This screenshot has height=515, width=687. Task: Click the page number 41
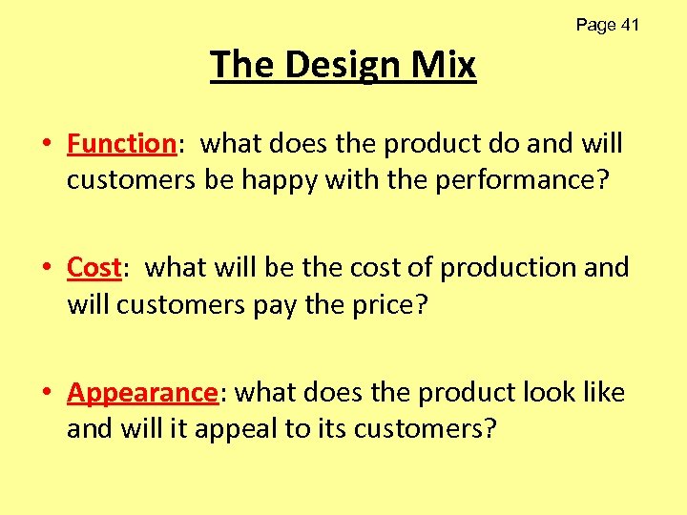coord(629,26)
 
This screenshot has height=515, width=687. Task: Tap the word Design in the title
coord(342,65)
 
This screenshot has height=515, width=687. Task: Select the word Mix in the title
coord(444,65)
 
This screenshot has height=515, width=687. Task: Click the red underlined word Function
coord(120,144)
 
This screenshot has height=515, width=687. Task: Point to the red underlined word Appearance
coord(142,393)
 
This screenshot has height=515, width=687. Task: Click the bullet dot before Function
coord(47,145)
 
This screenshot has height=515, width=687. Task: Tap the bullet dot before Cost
coord(47,269)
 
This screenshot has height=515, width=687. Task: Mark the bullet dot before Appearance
coord(47,394)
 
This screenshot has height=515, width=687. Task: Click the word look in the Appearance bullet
coord(542,393)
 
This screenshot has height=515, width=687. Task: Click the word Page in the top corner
coord(595,26)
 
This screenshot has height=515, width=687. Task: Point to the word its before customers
coord(328,428)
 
